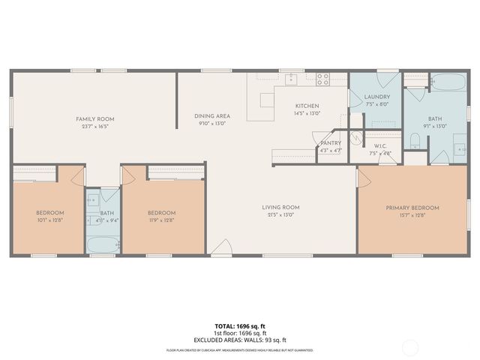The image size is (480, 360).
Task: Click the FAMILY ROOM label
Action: point(94,119)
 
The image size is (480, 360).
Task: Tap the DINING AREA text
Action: point(212,116)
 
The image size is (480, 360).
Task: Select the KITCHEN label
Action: point(307,106)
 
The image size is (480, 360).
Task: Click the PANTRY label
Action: point(331,142)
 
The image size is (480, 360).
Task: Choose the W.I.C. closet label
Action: point(380,146)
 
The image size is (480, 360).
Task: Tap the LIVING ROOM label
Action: point(280,207)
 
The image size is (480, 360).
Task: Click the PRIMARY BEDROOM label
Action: point(412,207)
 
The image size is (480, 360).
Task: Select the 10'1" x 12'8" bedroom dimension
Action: point(50,220)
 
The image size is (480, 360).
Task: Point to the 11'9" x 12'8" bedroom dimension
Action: point(161,220)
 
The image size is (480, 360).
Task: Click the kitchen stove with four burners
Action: point(323,77)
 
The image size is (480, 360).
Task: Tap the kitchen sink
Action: point(291,78)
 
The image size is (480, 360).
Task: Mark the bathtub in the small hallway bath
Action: point(102,244)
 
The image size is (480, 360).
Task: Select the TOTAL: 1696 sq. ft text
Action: point(239,326)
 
